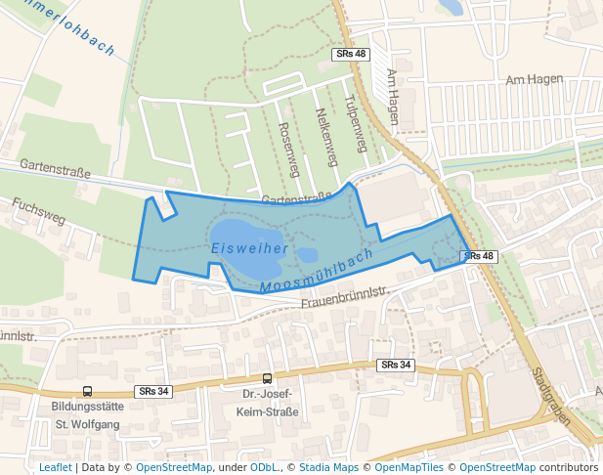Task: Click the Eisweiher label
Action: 248,249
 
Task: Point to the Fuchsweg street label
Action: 40,211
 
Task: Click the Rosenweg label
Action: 287,149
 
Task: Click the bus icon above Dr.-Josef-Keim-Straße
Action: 267,378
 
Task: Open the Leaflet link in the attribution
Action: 55,467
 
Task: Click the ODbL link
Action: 263,467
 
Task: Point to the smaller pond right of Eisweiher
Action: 307,255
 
